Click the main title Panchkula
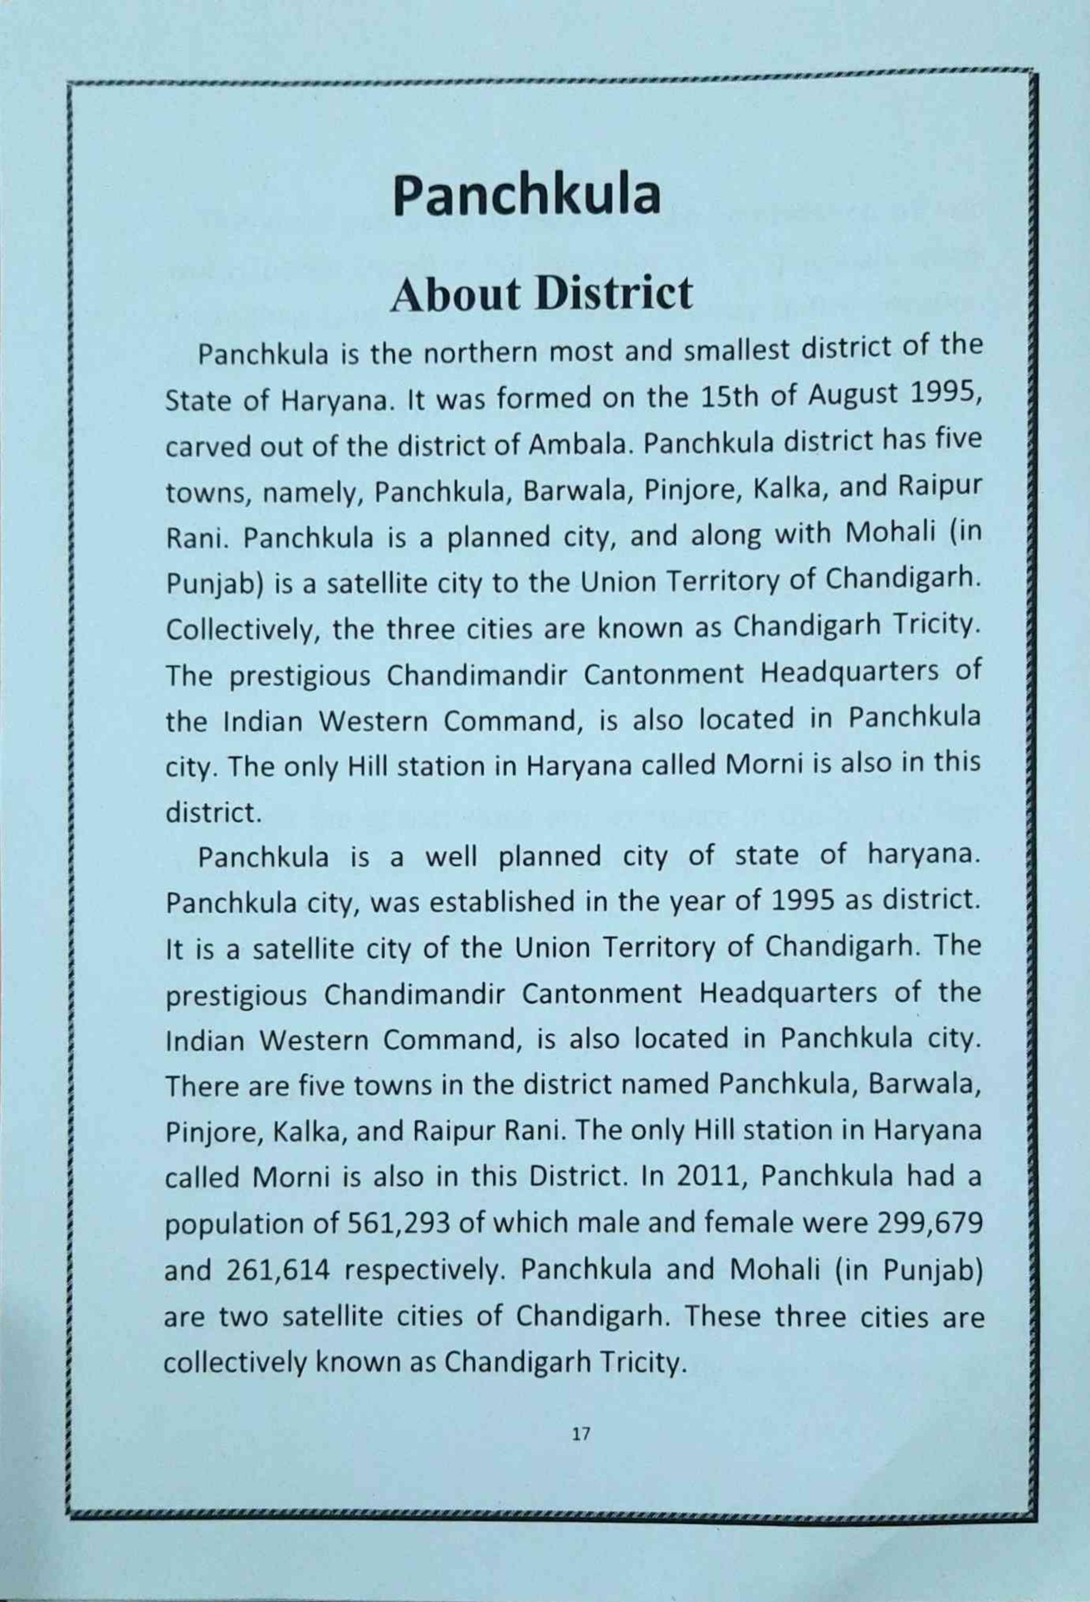point(527,196)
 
